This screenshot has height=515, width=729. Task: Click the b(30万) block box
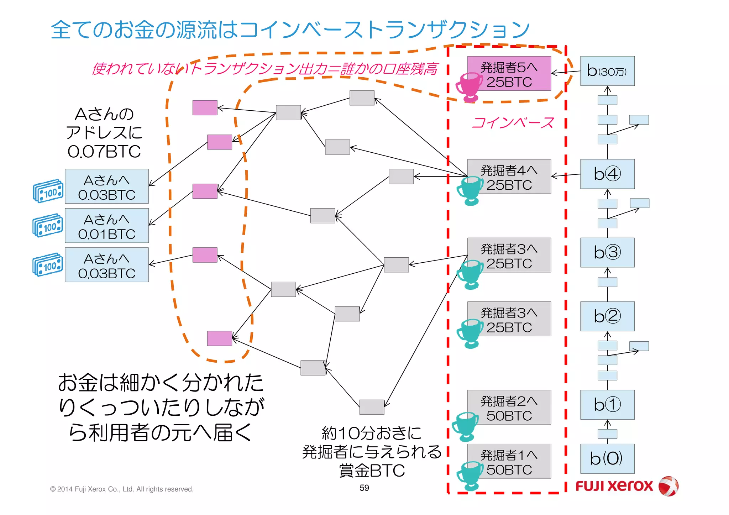pos(607,71)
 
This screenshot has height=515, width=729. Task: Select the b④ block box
pos(607,174)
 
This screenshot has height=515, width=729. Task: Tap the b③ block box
pos(607,252)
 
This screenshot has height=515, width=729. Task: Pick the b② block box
pos(607,316)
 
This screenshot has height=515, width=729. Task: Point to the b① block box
pos(607,404)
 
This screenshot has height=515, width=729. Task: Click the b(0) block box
pos(607,458)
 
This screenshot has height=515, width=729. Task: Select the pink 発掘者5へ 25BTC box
pos(509,73)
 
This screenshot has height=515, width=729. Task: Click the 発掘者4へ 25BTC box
pos(509,177)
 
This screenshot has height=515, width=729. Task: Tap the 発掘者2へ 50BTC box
pos(509,407)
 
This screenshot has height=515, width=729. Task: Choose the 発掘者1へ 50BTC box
pos(509,461)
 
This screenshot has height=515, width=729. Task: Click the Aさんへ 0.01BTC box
pos(106,226)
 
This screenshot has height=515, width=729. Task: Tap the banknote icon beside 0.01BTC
pos(48,225)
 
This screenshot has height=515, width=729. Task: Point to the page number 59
pos(364,488)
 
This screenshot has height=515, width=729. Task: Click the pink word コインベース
pos(513,123)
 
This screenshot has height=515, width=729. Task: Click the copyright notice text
pos(122,489)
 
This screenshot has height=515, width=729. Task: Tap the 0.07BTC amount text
pos(104,152)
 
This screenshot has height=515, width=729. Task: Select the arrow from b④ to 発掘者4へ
pos(566,175)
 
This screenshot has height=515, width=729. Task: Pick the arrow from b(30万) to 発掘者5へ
pos(566,72)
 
